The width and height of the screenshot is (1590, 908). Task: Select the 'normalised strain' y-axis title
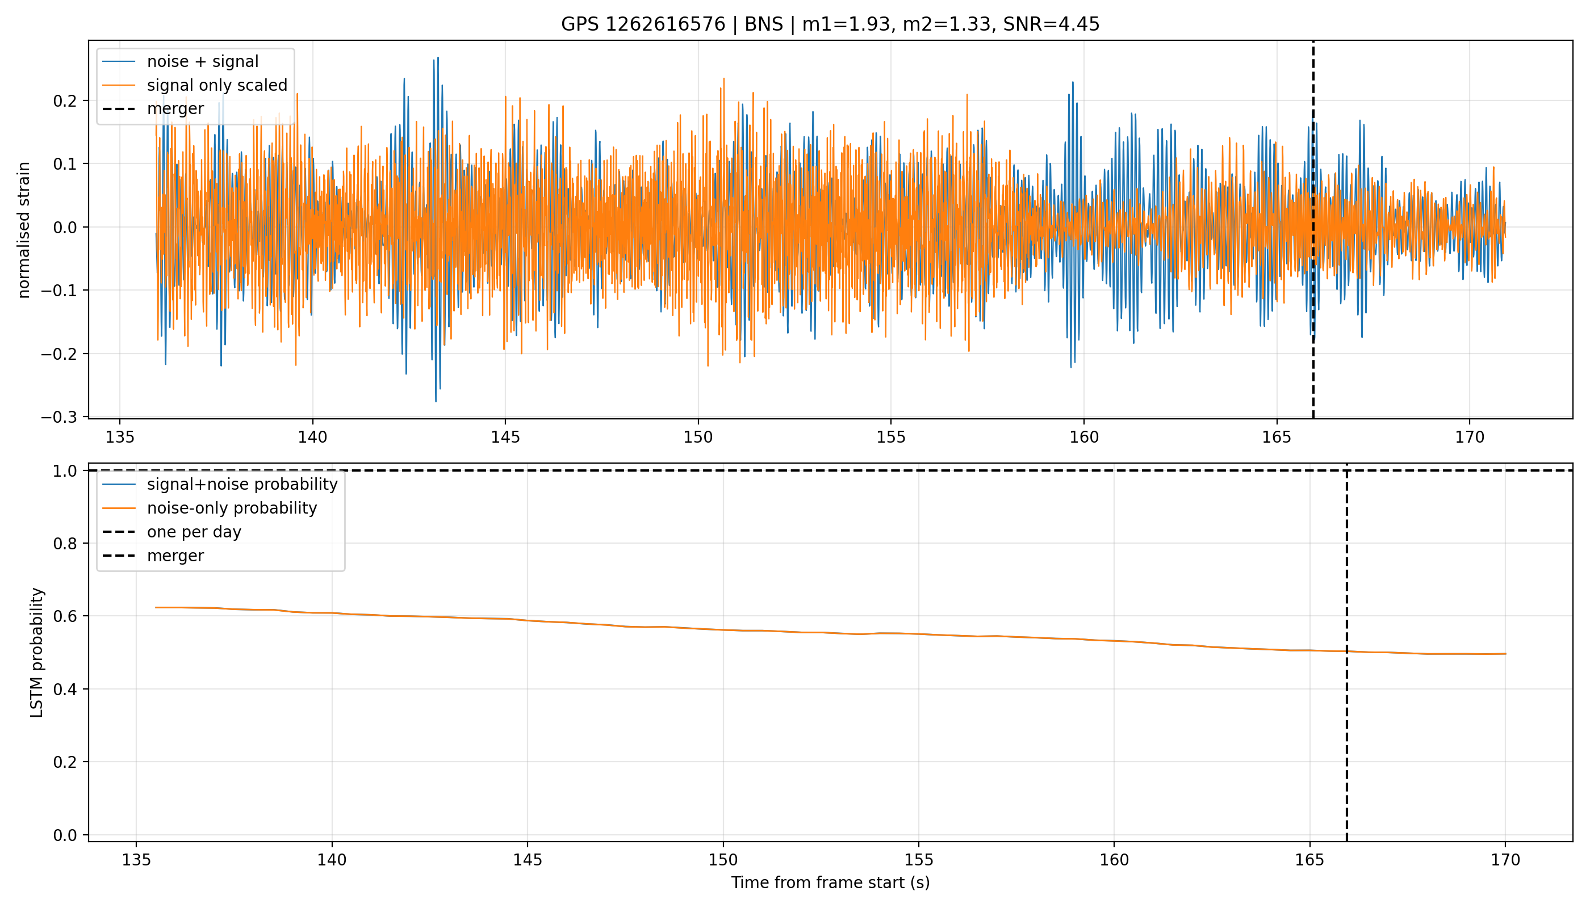click(x=24, y=230)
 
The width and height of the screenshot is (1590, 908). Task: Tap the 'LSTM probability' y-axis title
click(x=37, y=653)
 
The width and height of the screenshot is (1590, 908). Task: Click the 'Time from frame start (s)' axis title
click(x=831, y=883)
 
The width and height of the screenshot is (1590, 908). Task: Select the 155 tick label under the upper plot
click(x=890, y=437)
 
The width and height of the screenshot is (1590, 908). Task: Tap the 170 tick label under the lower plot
click(x=1506, y=860)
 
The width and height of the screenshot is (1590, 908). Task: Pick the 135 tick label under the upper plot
click(x=120, y=437)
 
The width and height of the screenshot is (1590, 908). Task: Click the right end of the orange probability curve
click(x=1506, y=654)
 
